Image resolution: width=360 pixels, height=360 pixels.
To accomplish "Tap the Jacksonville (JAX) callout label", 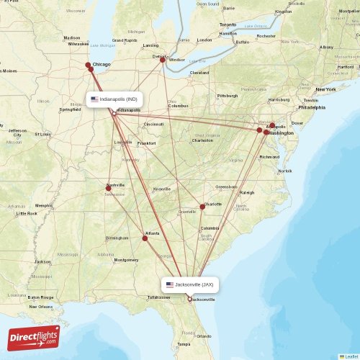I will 190,284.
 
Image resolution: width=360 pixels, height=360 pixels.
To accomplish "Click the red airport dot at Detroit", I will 163,60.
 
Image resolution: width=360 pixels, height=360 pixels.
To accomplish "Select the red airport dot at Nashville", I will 109,189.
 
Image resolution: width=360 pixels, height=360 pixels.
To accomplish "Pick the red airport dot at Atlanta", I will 145,238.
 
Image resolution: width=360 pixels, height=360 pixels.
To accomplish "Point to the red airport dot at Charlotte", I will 202,207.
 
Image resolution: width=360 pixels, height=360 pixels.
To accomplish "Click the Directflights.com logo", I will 34,336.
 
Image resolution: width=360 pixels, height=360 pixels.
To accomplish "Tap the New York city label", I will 325,89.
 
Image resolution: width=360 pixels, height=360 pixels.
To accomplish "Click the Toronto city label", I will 228,24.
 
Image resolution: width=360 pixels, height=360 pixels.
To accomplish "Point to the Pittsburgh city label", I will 228,96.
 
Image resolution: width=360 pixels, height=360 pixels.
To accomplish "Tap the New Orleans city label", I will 40,307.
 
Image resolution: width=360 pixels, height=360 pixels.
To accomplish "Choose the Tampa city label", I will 184,344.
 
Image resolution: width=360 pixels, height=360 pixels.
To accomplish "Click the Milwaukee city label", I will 79,43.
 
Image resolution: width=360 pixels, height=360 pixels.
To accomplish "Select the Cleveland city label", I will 199,73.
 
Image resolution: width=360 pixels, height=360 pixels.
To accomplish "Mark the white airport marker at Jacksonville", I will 189,300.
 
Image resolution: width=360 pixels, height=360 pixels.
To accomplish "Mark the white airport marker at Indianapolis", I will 114,114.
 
